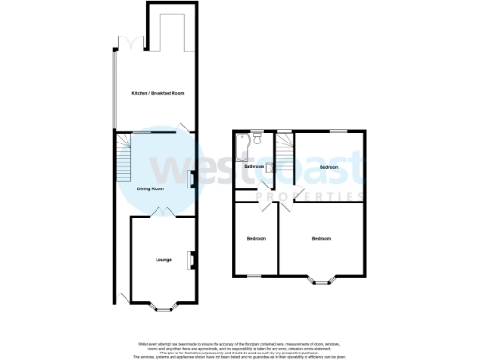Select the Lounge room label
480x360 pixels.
point(161,259)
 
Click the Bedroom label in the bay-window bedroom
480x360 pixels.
point(321,239)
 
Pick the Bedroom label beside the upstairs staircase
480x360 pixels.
point(328,166)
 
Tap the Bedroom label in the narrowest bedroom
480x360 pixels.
point(256,239)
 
